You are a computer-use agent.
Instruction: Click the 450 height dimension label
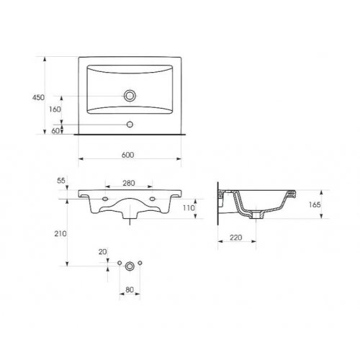[x=38, y=97]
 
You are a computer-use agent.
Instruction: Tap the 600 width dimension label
[x=127, y=155]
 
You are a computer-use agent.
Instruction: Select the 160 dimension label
[x=55, y=109]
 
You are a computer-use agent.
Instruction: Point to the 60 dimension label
[x=55, y=131]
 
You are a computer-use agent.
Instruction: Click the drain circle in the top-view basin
[x=130, y=96]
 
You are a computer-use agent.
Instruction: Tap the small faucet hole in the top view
[x=130, y=125]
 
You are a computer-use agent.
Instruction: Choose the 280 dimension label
[x=129, y=183]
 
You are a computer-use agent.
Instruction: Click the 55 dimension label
[x=61, y=181]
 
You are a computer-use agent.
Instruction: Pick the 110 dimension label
[x=189, y=208]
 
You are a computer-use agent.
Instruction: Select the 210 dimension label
[x=60, y=233]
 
